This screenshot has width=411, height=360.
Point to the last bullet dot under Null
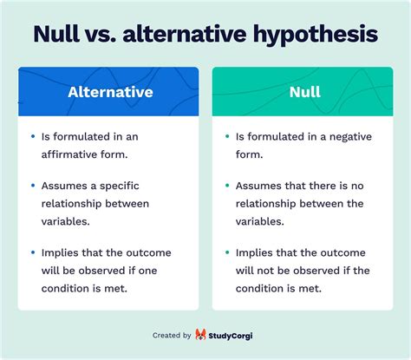coord(226,253)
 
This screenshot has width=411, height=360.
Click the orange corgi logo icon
coord(201,335)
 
